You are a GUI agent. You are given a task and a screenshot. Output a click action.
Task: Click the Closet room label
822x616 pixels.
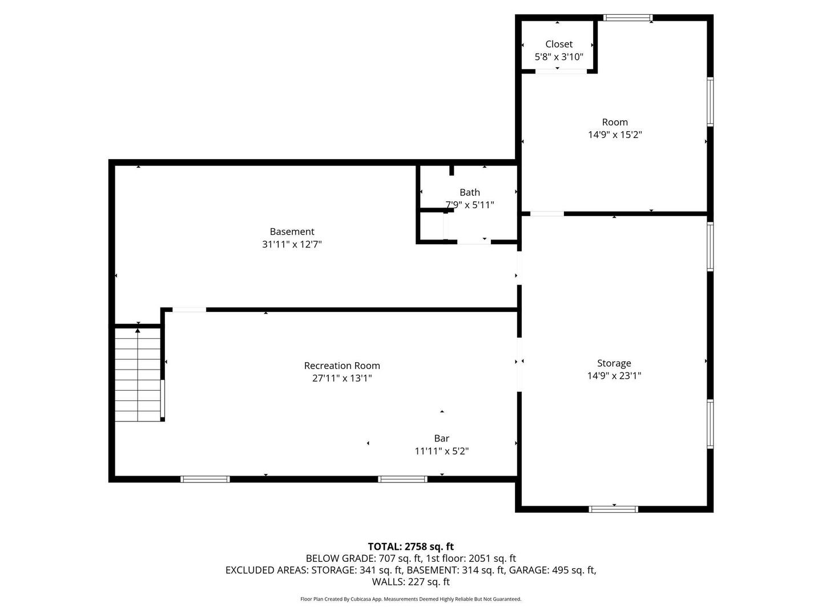click(558, 44)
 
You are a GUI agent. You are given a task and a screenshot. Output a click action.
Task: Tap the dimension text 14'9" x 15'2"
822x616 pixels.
click(615, 135)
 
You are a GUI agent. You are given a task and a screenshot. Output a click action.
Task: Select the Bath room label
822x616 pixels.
click(470, 192)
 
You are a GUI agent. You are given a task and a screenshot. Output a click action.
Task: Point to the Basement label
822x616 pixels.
click(292, 232)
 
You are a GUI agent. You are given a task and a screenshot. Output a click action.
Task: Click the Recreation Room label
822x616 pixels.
click(342, 366)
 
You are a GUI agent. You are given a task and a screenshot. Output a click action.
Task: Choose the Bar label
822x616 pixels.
click(441, 438)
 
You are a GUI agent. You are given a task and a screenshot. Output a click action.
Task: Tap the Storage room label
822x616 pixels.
click(614, 363)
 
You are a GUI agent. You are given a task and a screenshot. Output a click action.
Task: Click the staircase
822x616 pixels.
click(138, 375)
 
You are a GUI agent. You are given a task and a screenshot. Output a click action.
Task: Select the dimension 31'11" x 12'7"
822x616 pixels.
click(292, 244)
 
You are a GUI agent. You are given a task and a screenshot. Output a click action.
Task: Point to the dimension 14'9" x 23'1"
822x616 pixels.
click(614, 375)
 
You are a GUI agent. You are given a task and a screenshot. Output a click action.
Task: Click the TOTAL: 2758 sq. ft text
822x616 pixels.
click(410, 546)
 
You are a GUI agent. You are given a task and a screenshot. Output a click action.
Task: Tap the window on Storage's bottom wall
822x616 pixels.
click(613, 509)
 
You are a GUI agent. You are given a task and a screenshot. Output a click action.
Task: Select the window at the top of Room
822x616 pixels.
click(628, 18)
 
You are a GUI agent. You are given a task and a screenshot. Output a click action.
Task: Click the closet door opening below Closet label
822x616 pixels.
click(561, 71)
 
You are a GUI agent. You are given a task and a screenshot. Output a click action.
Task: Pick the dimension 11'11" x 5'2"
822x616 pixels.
click(441, 451)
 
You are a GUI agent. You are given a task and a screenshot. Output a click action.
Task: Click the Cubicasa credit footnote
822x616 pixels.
click(410, 599)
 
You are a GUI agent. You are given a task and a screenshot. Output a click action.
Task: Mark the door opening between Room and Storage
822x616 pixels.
click(547, 214)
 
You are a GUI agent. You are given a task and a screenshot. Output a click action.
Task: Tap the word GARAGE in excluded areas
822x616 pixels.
click(528, 570)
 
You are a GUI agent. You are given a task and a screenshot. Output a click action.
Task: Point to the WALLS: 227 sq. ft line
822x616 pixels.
click(410, 582)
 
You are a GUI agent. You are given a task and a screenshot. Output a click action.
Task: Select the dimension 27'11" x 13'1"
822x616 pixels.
click(342, 378)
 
